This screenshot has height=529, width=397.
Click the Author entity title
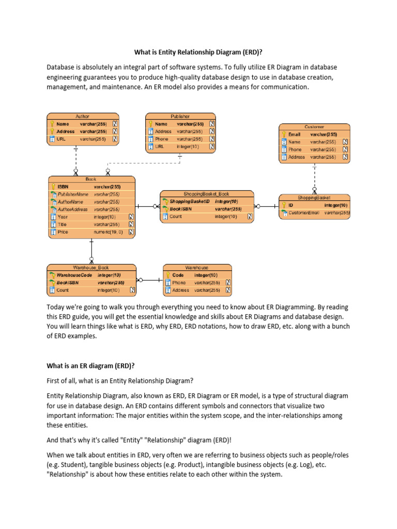tap(82, 117)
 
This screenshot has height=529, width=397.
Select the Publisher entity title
tap(180, 117)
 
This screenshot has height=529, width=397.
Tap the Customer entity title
tap(314, 127)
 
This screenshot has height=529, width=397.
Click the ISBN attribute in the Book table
tap(63, 186)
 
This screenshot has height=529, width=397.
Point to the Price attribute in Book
tap(63, 232)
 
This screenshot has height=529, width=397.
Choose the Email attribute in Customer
tap(294, 134)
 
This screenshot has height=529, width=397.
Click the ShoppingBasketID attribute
tap(190, 201)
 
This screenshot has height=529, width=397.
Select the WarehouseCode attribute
tap(74, 275)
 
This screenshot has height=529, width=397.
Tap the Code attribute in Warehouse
tap(178, 275)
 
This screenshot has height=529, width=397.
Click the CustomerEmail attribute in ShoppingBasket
tap(304, 212)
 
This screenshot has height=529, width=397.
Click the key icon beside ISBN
tap(53, 186)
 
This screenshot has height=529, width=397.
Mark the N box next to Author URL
tap(115, 139)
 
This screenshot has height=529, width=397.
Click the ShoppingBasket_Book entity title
tap(206, 194)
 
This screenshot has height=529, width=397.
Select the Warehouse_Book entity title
tap(91, 268)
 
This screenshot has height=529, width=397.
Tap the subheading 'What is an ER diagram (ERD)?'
tap(90, 366)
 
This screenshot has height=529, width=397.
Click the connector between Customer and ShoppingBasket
tap(314, 178)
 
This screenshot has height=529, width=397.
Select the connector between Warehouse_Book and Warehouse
tap(149, 280)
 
